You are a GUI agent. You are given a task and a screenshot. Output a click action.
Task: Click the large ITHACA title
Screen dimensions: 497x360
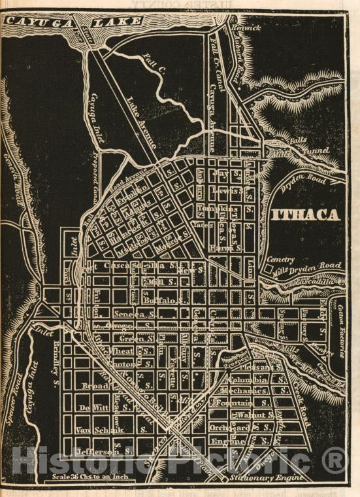[x=305, y=215]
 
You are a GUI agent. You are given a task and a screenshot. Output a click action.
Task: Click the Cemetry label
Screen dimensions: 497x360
[x=280, y=259]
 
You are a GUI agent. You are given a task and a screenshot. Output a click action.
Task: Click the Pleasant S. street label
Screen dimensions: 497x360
[x=252, y=367]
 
